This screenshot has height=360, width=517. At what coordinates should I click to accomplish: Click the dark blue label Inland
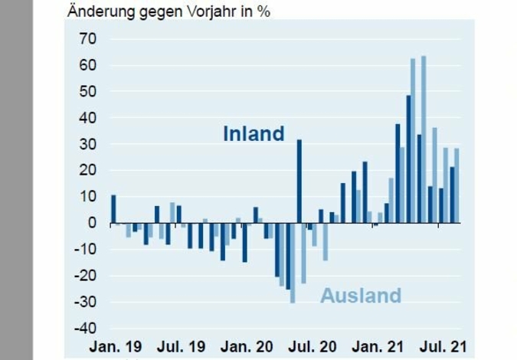click(x=254, y=134)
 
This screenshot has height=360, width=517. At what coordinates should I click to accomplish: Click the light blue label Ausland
click(x=361, y=295)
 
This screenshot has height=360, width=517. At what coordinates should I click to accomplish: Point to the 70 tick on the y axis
click(x=87, y=39)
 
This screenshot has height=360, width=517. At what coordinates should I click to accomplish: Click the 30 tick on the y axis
click(x=87, y=144)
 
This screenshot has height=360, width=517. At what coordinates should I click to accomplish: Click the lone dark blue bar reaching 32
click(x=299, y=181)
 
